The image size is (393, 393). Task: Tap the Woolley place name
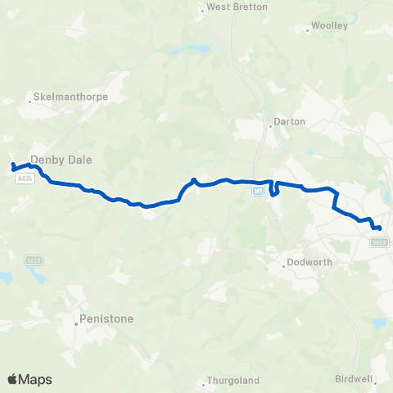click(331, 25)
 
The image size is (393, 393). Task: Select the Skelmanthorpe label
click(71, 97)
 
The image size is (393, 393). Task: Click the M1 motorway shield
click(258, 192)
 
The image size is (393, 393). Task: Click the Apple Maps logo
click(29, 379)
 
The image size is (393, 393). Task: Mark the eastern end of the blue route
click(379, 228)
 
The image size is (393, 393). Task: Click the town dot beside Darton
click(270, 126)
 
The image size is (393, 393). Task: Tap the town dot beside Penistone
click(76, 323)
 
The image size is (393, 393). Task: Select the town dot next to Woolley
click(308, 31)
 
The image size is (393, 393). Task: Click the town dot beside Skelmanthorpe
click(30, 102)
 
